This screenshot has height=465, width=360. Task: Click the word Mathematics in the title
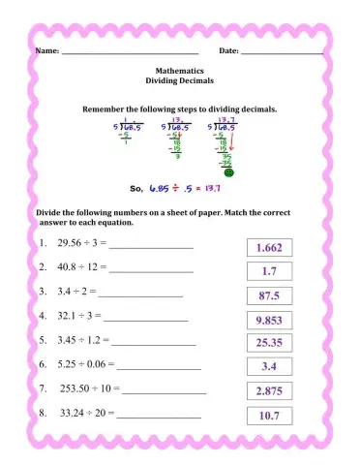(179, 71)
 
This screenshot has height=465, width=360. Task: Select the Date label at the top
(229, 49)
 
